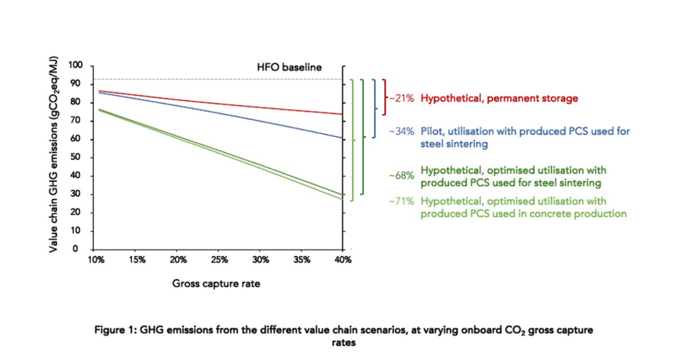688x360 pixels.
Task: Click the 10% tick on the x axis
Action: (x=95, y=260)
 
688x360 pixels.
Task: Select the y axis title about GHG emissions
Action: (x=53, y=157)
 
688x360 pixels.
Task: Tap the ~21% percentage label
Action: (x=401, y=98)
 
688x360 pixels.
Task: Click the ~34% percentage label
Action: (x=401, y=131)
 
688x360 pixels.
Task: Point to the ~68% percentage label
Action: (x=401, y=176)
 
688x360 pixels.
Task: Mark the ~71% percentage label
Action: (x=401, y=201)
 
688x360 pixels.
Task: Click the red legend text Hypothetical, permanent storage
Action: (x=499, y=98)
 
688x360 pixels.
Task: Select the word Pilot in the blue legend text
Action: (x=432, y=131)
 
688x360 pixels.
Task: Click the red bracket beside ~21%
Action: (x=385, y=97)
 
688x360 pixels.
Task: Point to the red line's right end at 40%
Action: (x=342, y=114)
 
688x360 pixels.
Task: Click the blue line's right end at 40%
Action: (x=342, y=138)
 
